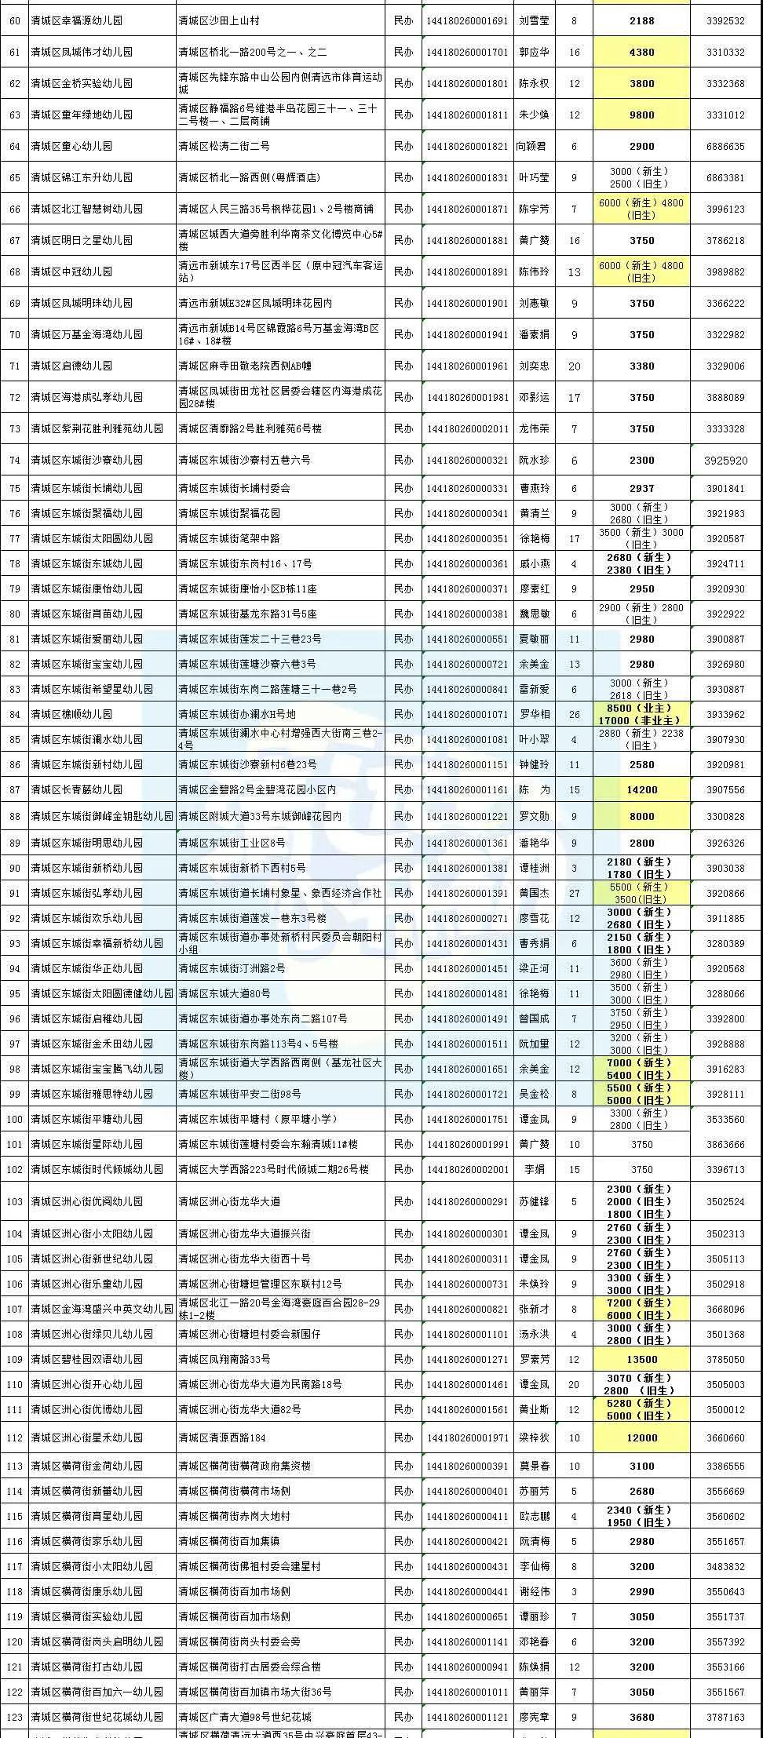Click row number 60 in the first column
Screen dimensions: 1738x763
pos(14,21)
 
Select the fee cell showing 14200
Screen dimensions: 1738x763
pos(641,790)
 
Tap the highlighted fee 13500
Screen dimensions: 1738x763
pos(641,1359)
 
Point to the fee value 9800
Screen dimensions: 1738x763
pos(641,115)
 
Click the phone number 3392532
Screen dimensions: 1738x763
pos(725,21)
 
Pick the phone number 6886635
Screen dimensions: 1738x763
pos(725,146)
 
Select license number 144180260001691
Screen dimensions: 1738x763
pos(467,21)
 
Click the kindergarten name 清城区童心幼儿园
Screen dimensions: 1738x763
pos(71,146)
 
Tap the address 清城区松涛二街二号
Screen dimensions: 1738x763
pos(224,146)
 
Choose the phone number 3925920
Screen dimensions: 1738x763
pos(725,461)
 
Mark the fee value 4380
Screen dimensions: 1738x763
pos(641,53)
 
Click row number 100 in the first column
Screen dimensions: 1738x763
pos(14,1119)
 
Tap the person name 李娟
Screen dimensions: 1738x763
pos(534,1169)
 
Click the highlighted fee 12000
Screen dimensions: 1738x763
pos(641,1437)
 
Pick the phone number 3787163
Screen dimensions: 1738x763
pos(725,1717)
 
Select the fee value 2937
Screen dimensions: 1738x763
pos(641,488)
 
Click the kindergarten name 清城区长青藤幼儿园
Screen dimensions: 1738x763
pos(76,790)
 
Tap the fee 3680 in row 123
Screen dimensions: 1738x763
pos(641,1717)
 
